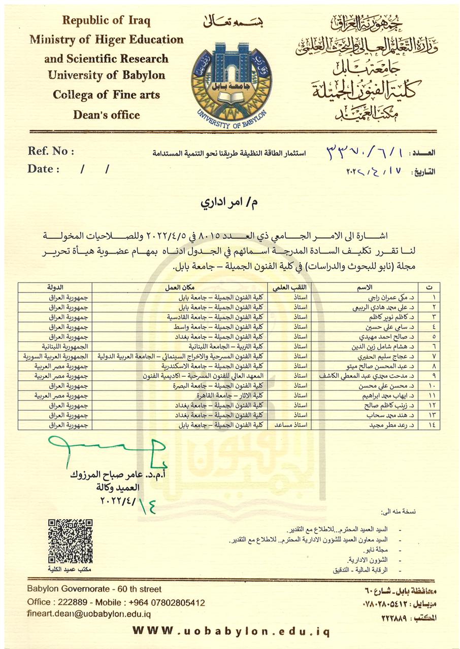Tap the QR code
click(x=70, y=542)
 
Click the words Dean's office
click(x=106, y=115)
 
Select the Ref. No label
click(x=51, y=151)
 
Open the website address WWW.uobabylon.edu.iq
click(x=231, y=631)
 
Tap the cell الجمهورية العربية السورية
click(x=56, y=356)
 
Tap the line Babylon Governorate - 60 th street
click(x=95, y=589)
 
